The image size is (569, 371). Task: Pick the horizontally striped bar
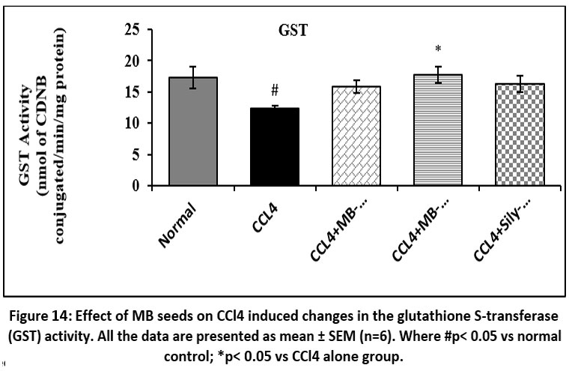438,130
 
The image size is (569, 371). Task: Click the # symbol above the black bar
275,91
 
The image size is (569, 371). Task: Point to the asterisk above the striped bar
438,50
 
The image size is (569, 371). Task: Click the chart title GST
290,31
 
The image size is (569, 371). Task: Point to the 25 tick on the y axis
133,30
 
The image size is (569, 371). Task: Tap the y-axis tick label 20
133,61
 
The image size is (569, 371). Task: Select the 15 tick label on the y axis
133,92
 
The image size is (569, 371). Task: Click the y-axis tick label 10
133,123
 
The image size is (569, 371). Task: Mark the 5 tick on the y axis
137,154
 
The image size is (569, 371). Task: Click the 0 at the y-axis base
137,185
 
